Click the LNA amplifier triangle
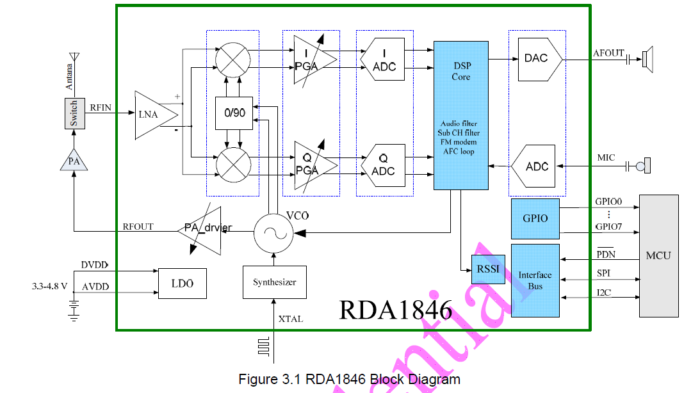point(154,115)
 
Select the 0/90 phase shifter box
point(234,113)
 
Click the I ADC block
point(383,59)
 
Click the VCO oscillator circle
point(273,234)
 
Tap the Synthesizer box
point(274,282)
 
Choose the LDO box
point(183,284)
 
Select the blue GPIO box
point(535,218)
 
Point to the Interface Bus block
point(535,281)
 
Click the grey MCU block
point(658,255)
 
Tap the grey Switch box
point(74,113)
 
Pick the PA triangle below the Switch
point(74,161)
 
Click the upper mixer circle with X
point(233,60)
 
